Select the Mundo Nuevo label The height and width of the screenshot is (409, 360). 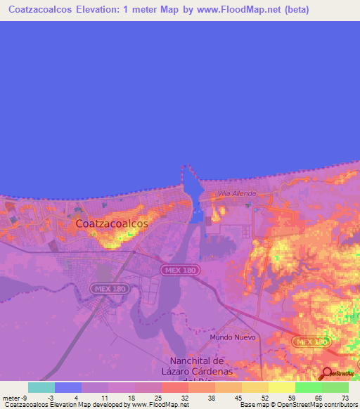(233, 337)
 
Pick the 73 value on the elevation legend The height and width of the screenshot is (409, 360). (345, 398)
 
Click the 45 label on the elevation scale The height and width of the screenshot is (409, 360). (238, 398)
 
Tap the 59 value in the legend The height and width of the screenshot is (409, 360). (292, 398)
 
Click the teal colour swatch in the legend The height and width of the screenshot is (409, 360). (41, 387)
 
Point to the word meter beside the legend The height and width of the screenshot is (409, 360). (12, 398)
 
